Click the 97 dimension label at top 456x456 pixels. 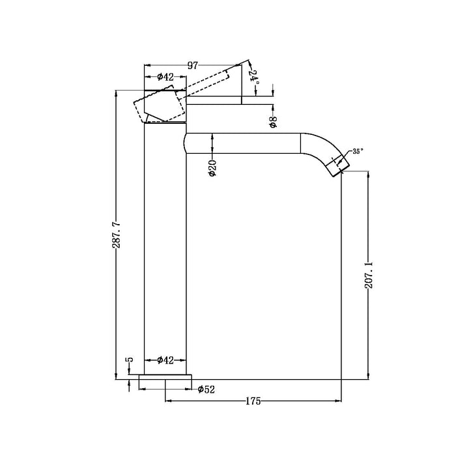pos(193,66)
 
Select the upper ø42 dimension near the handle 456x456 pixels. pos(165,78)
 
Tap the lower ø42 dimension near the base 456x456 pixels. pos(165,360)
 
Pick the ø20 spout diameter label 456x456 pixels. pos(213,168)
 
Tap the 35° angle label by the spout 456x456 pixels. pos(357,151)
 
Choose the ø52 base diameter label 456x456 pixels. pos(207,390)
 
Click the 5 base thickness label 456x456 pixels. pos(129,360)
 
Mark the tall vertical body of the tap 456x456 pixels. pos(165,248)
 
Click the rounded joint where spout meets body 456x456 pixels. pos(188,144)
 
